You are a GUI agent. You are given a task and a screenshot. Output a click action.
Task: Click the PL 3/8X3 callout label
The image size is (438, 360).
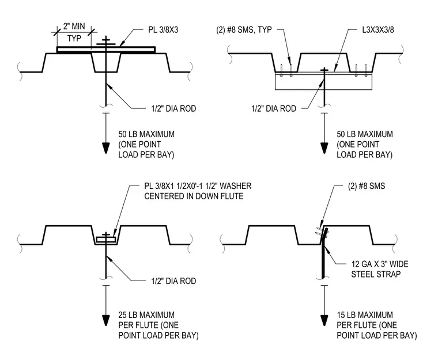[x=163, y=30]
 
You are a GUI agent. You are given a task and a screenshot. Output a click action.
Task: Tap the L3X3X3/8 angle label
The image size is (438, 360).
[x=378, y=30]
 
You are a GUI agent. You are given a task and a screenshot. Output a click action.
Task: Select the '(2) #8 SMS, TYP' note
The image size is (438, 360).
[x=244, y=30]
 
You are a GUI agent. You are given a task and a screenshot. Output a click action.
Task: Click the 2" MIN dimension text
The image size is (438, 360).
[x=74, y=26]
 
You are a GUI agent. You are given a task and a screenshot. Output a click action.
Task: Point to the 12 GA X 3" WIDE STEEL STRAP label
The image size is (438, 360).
[x=380, y=269]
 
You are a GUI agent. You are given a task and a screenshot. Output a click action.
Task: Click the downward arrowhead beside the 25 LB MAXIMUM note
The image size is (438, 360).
[x=105, y=320]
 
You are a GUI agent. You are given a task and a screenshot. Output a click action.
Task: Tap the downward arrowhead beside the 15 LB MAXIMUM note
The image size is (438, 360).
[x=324, y=320]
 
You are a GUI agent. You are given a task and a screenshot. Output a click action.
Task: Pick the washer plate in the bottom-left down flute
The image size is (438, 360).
[x=106, y=240]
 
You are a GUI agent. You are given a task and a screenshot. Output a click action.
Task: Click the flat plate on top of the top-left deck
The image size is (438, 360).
[x=106, y=50]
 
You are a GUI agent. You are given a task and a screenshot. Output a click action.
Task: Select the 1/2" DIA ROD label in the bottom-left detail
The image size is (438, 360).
[x=173, y=281]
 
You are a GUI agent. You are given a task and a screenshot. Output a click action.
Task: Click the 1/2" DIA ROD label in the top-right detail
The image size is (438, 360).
[x=274, y=108]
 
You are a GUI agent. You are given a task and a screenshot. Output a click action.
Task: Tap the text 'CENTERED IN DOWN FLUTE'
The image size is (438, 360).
[x=194, y=196]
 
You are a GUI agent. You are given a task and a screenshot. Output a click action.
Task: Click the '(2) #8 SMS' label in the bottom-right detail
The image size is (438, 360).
[x=367, y=186]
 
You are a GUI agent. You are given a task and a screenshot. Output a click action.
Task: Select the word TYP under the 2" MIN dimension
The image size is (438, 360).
[x=74, y=38]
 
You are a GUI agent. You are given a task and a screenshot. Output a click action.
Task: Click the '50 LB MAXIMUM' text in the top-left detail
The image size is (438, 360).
[x=146, y=134]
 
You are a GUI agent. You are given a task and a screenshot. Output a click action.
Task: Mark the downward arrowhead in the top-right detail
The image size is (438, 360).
[x=324, y=148]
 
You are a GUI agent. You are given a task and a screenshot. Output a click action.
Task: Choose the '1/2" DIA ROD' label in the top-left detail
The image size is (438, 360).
[x=173, y=108]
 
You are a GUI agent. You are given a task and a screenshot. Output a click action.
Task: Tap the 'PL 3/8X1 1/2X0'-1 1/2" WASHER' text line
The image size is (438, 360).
[x=198, y=186]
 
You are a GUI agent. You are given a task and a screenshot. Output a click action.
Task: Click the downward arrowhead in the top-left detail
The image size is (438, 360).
[x=105, y=148]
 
